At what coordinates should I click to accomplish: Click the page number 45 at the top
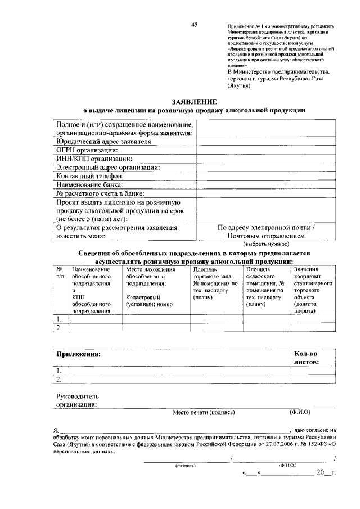[194, 25]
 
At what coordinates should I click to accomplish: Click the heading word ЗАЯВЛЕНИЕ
[195, 101]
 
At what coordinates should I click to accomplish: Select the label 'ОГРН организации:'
[86, 150]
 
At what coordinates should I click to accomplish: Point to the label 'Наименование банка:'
[89, 184]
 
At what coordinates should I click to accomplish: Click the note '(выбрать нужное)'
[266, 245]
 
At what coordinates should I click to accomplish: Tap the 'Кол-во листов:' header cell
[307, 358]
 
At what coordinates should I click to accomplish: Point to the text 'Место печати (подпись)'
[204, 412]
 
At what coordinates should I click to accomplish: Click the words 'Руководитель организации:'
[76, 399]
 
